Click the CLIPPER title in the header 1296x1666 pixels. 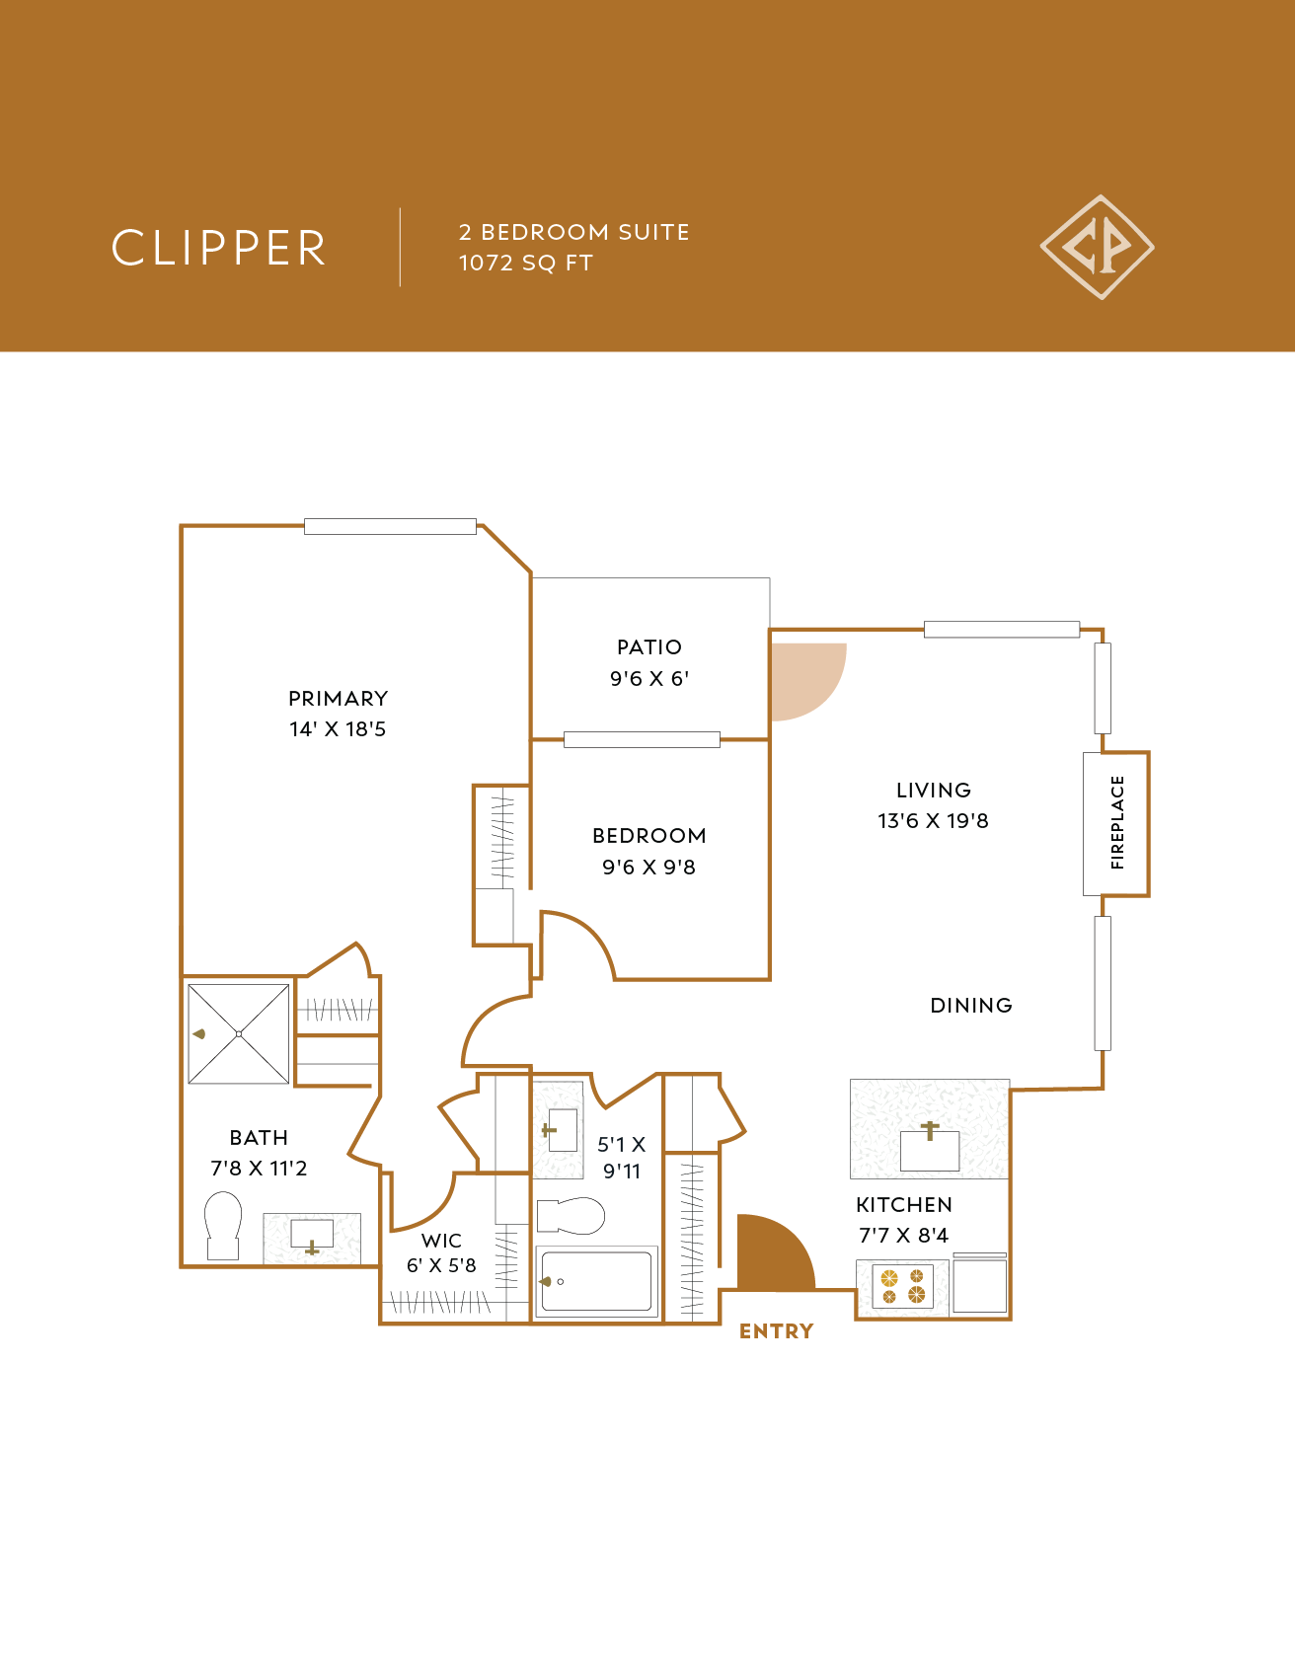tap(218, 248)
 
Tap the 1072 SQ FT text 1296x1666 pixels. tap(525, 264)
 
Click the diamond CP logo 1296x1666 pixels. tap(1097, 247)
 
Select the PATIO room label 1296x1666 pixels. tap(648, 647)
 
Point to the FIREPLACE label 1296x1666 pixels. tap(1117, 822)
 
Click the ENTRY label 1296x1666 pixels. tap(776, 1331)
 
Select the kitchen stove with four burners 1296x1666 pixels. tap(903, 1286)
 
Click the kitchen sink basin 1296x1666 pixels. tap(930, 1150)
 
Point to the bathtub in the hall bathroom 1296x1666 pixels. tap(596, 1281)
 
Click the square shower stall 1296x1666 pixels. tap(239, 1033)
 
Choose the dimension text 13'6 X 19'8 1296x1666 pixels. tap(933, 821)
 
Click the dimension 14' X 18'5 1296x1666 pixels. tap(338, 729)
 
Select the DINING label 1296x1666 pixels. tap(971, 1006)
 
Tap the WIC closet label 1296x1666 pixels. tap(441, 1241)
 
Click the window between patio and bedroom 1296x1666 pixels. tap(642, 739)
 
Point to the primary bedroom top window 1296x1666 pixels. tap(390, 526)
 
